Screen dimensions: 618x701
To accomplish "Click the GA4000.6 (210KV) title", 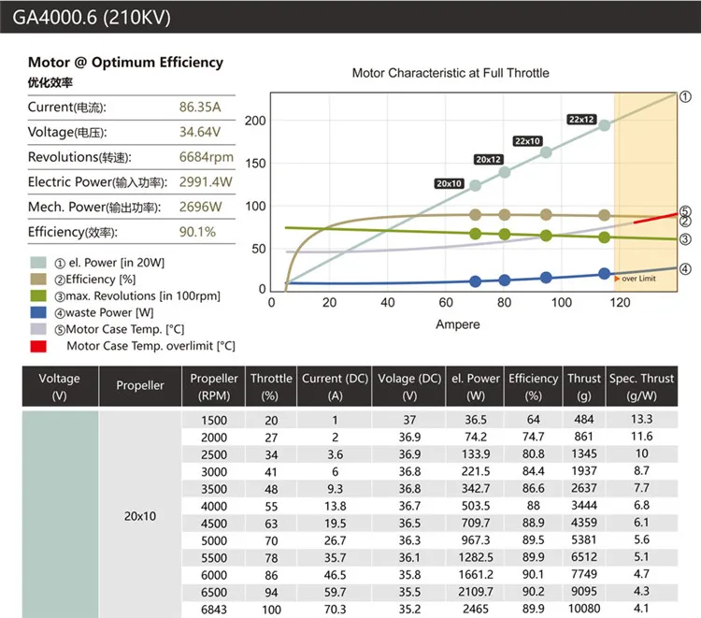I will [92, 16].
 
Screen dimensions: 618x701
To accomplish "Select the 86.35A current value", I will [199, 108].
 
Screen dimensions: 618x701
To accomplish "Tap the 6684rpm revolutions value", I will [206, 157].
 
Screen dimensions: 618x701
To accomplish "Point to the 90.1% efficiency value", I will [197, 231].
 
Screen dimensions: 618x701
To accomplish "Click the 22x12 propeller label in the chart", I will [581, 119].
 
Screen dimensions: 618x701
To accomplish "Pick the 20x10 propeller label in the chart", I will [449, 183].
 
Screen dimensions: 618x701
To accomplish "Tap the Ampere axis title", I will [458, 323].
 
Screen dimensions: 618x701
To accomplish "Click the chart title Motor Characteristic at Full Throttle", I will [450, 72].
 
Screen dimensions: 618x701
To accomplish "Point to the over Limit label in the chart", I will [638, 278].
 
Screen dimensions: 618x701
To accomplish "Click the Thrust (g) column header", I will [583, 385].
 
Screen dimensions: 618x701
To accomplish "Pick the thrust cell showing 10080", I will [583, 609].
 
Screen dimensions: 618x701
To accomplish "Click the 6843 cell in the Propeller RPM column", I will [213, 609].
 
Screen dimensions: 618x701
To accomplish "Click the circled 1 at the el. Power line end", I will [684, 96].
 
